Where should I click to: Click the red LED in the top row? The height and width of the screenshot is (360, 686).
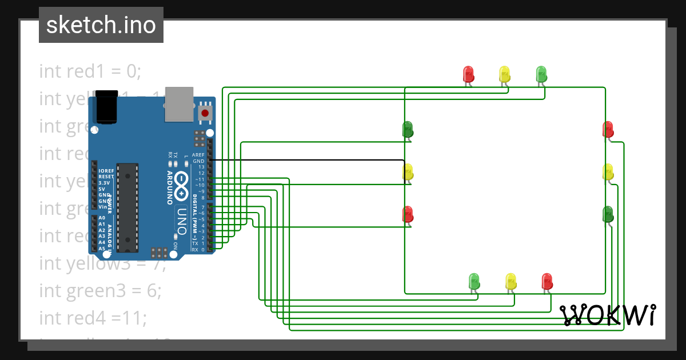click(x=468, y=74)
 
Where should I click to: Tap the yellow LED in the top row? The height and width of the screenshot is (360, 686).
click(x=504, y=74)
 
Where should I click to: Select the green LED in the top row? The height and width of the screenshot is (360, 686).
click(x=541, y=74)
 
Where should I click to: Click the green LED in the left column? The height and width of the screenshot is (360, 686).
click(x=408, y=129)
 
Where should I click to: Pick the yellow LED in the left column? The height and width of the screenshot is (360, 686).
click(x=408, y=171)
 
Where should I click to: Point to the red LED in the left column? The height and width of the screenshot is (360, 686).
click(x=408, y=214)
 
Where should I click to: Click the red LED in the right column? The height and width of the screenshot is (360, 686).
click(x=608, y=129)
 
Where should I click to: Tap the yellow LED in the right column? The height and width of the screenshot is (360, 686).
click(x=608, y=171)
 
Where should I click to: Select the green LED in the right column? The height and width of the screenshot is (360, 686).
click(x=608, y=214)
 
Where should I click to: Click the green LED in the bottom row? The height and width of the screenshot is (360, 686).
click(x=474, y=281)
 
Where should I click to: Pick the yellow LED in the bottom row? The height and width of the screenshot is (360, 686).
click(x=510, y=281)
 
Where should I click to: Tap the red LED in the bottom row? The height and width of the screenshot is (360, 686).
click(x=547, y=281)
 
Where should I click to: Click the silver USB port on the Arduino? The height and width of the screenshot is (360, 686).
click(x=179, y=105)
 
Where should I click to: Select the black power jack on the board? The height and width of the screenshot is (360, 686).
click(x=107, y=107)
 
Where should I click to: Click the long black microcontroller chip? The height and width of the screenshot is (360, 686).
click(x=127, y=207)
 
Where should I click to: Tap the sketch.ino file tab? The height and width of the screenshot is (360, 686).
click(x=101, y=25)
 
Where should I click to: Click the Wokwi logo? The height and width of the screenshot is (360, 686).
click(x=608, y=315)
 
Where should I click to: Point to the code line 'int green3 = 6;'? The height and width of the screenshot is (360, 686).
click(x=100, y=290)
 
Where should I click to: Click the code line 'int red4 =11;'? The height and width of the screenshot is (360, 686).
click(x=93, y=317)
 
